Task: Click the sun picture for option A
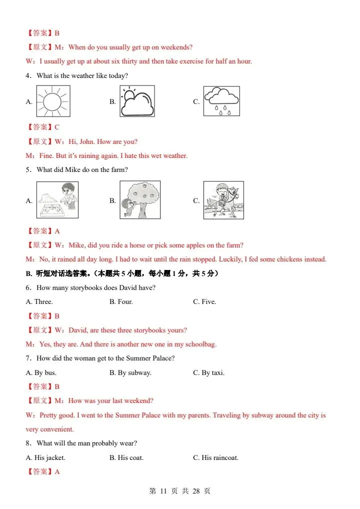tap(53, 101)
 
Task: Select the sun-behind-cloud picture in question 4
tap(137, 101)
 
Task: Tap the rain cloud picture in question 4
tap(221, 101)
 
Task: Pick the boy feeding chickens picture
tap(57, 199)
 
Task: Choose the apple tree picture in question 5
tap(140, 199)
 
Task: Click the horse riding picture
tap(223, 200)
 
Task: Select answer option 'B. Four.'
tap(121, 302)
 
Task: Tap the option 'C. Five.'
tap(204, 302)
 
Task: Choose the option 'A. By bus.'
tap(41, 372)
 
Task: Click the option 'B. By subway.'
tap(130, 372)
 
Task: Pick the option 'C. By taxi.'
tap(208, 372)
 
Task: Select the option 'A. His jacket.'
tap(46, 457)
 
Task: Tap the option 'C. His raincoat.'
tap(216, 457)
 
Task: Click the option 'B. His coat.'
tap(126, 457)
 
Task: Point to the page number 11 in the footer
tap(163, 491)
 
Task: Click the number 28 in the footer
tap(196, 491)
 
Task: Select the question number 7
tap(28, 358)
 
